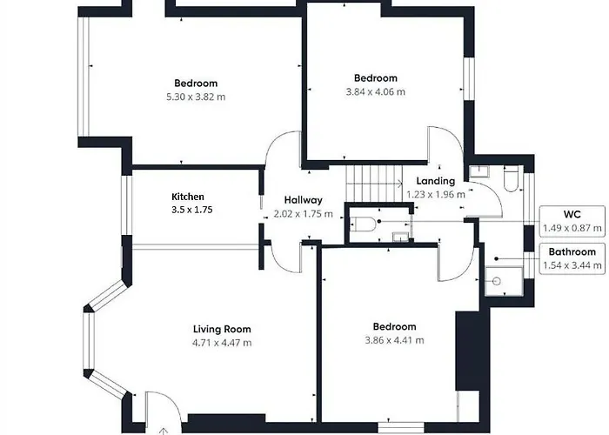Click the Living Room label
[x=222, y=329]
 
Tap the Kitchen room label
[x=188, y=197]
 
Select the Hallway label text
[x=303, y=200]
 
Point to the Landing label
[x=435, y=181]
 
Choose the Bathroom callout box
[x=571, y=258]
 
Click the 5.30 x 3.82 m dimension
[x=195, y=97]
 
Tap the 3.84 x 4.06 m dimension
[x=376, y=91]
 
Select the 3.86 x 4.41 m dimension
[x=395, y=340]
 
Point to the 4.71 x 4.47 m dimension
[x=222, y=343]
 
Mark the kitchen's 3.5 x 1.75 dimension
[x=192, y=211]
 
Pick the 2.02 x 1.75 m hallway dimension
[x=303, y=214]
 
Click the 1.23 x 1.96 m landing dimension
[x=436, y=195]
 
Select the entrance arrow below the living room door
[x=163, y=427]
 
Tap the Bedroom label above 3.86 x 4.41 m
[x=395, y=326]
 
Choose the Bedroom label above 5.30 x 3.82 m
[x=195, y=84]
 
